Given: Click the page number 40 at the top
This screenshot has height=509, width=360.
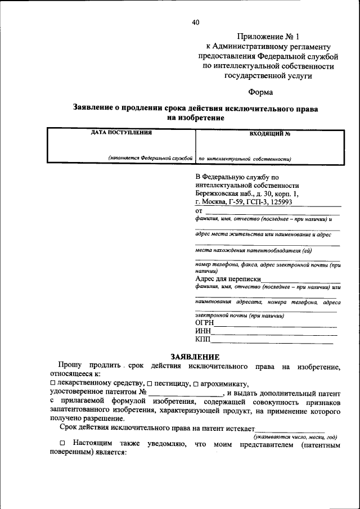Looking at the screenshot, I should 195,22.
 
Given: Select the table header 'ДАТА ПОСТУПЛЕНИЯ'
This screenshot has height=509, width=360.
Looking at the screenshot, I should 121,133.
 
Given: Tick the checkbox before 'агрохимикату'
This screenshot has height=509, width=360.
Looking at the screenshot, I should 196,382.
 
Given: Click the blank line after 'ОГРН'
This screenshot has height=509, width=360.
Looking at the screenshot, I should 276,325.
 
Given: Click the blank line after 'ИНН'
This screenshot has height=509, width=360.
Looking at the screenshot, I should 274,334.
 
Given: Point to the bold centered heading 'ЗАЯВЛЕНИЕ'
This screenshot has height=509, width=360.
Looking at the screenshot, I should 195,357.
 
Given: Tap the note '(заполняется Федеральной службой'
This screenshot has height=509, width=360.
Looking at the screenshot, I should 151,159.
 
